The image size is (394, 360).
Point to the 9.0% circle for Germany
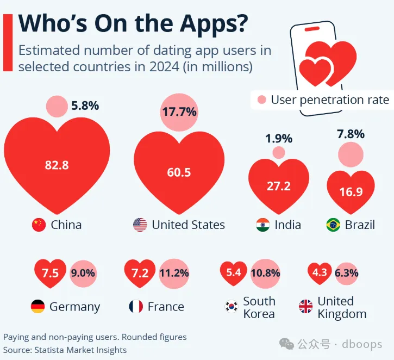(83, 273)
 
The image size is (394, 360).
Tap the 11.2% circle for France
(174, 273)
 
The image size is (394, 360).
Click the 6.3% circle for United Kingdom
(346, 273)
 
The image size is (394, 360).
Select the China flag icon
(39, 225)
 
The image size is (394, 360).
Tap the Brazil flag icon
(333, 225)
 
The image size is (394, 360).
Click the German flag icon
(37, 307)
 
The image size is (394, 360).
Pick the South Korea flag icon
(232, 307)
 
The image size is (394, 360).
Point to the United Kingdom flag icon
(305, 307)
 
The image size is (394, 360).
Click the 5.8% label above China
(85, 105)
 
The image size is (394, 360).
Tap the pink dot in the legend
(262, 100)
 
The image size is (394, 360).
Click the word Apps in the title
(205, 24)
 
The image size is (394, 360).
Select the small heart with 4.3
(320, 272)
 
